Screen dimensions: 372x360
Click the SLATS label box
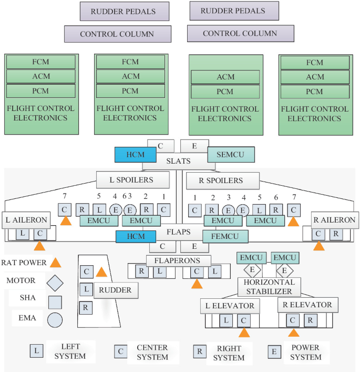[x=178, y=161]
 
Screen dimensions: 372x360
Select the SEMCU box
[x=231, y=154]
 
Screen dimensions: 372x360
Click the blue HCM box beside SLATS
[x=136, y=154]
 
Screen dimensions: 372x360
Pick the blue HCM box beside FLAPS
[x=137, y=237]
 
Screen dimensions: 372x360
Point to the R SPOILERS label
[x=222, y=180]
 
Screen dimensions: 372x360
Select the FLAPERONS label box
[x=178, y=260]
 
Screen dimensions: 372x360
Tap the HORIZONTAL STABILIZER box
[x=269, y=287]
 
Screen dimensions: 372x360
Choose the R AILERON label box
[x=334, y=220]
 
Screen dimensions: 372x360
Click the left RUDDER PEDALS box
[x=124, y=11]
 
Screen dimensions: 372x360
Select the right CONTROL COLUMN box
[x=240, y=34]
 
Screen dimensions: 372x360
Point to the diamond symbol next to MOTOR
[x=55, y=282]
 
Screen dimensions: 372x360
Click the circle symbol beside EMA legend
[x=55, y=319]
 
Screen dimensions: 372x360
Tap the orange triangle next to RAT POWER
[x=55, y=263]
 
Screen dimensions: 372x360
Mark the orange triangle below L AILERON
[x=39, y=246]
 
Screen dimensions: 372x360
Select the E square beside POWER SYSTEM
[x=274, y=351]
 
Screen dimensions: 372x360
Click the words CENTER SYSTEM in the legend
[x=152, y=352]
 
